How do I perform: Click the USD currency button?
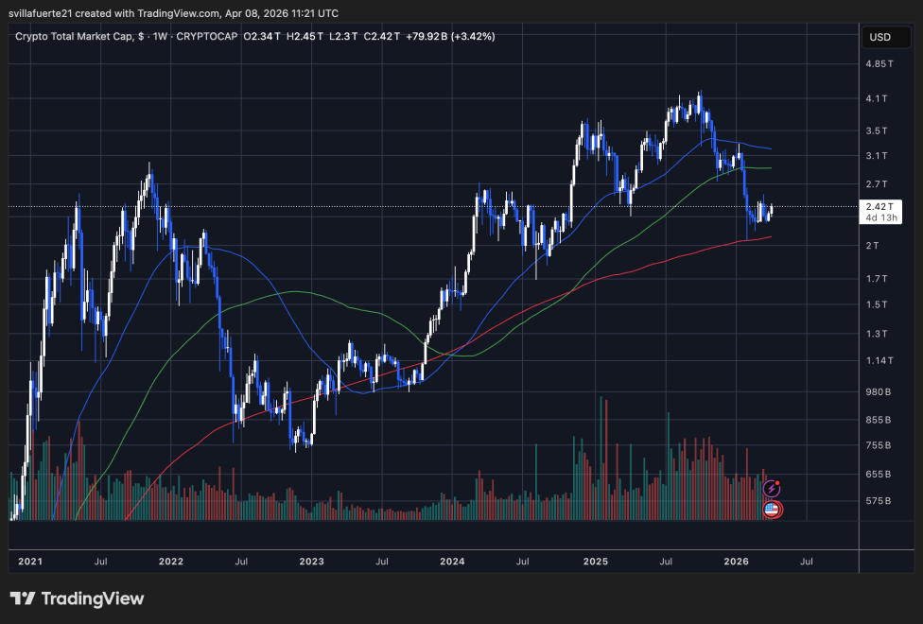pos(879,37)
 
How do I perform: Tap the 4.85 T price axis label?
pos(879,63)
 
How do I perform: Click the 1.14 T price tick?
pos(879,360)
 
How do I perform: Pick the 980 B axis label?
pos(879,391)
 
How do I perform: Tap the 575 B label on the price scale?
pos(879,500)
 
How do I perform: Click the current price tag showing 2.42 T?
pos(879,206)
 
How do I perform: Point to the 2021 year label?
pos(30,562)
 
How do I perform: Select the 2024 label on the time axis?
pos(452,562)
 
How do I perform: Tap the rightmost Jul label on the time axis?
pos(807,562)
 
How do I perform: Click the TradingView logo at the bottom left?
pos(78,598)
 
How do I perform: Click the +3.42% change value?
pos(474,36)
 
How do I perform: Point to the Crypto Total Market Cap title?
pos(81,36)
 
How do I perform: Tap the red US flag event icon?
pos(771,510)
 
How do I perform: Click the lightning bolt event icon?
pos(773,489)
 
